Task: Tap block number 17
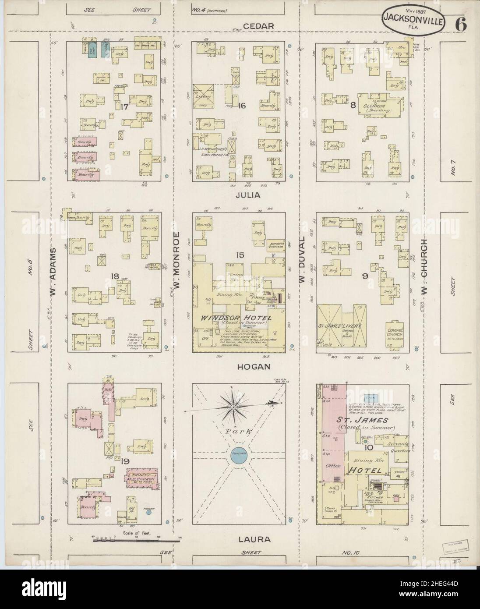point(124,105)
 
